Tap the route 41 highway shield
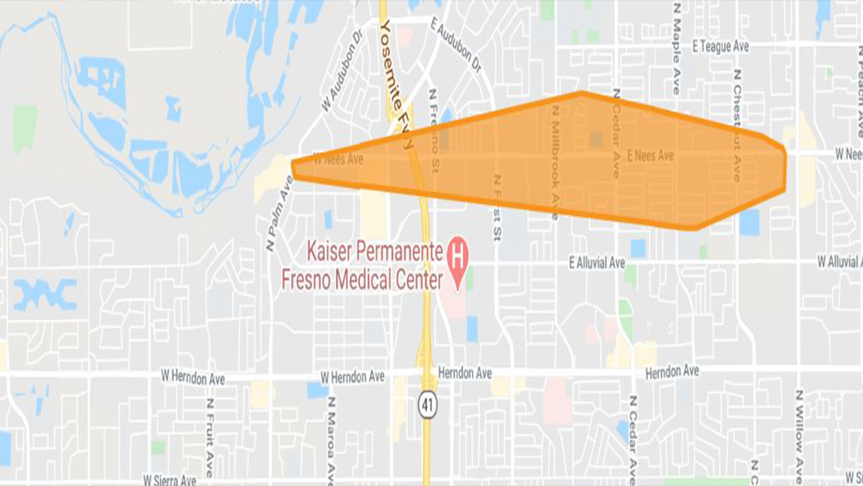427,404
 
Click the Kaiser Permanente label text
375,252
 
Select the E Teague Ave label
721,47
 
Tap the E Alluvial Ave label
597,263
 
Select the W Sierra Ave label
170,480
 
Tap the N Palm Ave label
279,214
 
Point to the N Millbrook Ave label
555,162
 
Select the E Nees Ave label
650,156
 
